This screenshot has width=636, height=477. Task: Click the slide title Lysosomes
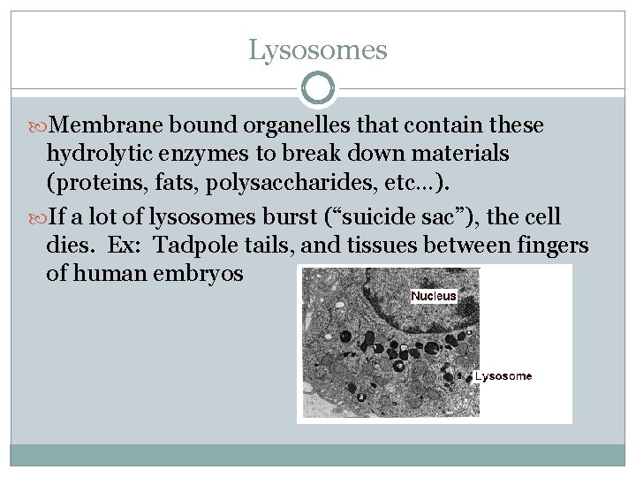318,49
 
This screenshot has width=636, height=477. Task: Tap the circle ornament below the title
318,89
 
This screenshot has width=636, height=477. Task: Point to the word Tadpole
184,245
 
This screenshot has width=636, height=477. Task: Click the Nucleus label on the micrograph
434,297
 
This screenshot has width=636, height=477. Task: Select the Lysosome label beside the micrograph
503,376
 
